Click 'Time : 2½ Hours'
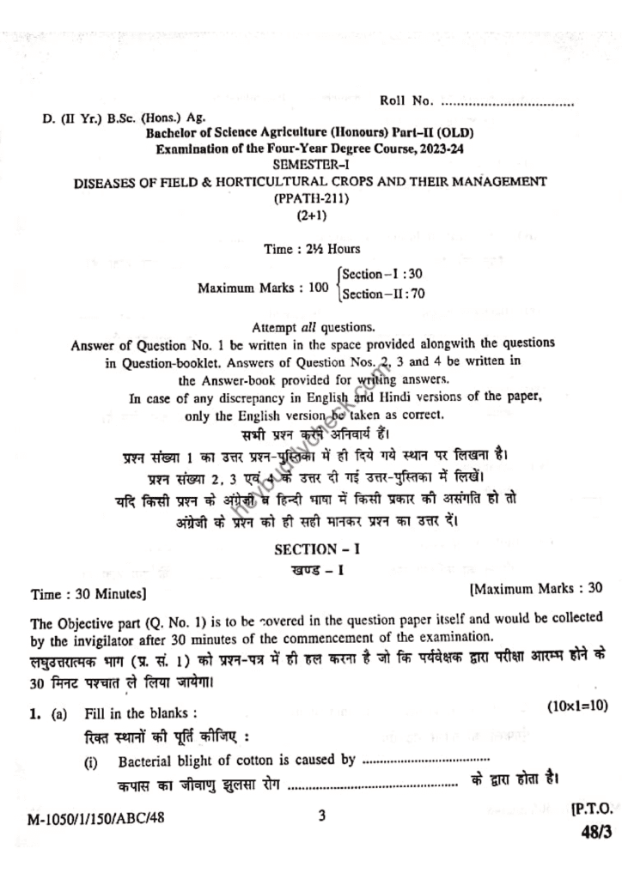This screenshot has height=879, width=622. (313, 249)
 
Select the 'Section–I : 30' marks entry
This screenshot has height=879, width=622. (382, 274)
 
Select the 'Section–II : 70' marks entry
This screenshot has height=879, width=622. (384, 294)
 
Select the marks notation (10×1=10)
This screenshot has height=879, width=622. (577, 705)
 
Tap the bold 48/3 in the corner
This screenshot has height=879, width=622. (589, 831)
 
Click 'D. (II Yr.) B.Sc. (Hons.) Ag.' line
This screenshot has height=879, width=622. (125, 118)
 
